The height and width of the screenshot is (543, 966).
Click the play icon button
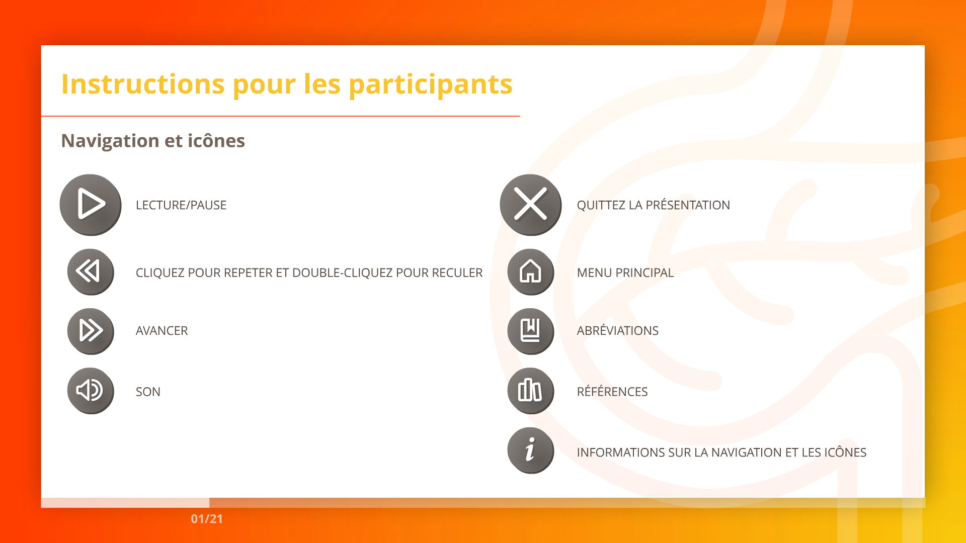tap(91, 205)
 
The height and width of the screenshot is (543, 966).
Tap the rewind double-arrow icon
tap(91, 272)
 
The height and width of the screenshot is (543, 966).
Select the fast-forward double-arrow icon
tap(91, 331)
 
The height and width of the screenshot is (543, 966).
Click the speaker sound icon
tap(91, 391)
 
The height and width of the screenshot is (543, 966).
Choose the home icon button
tap(531, 272)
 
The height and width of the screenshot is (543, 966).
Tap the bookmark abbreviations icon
tap(531, 331)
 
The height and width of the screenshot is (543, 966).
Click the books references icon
tap(531, 391)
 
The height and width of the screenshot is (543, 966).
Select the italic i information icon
tap(531, 450)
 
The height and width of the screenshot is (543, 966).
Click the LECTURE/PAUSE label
tap(181, 205)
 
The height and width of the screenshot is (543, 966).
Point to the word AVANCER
tap(162, 331)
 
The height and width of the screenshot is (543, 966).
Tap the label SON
tap(148, 392)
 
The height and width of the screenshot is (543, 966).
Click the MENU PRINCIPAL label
tap(625, 273)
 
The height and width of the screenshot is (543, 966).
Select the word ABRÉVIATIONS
tap(617, 330)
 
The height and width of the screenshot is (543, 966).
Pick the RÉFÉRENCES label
tap(612, 391)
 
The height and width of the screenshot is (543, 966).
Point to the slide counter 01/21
tap(207, 519)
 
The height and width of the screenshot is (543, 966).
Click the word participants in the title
tap(431, 84)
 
